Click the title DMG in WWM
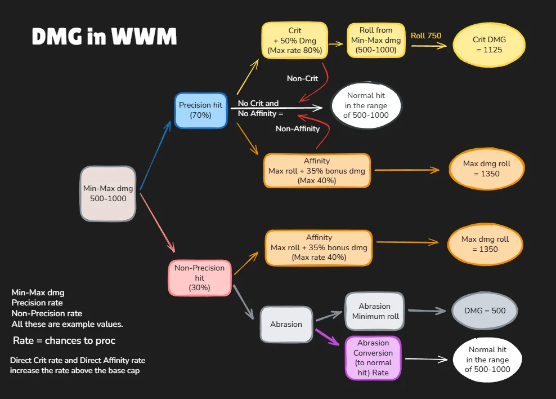point(104,37)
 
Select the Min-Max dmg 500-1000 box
point(108,193)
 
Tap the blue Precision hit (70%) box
point(200,110)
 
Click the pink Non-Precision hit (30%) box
point(200,278)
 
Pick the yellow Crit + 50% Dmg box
point(294,40)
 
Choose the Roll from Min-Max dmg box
point(376,40)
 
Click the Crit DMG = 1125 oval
point(488,45)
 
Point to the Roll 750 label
point(426,36)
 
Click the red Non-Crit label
point(302,79)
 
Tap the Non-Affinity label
point(298,128)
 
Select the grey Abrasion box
point(286,324)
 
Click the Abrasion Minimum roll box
point(375,311)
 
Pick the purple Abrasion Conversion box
point(373,358)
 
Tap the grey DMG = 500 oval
point(485,311)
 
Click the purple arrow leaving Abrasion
point(328,338)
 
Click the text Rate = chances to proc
point(64,341)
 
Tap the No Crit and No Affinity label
point(258,108)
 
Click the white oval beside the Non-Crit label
point(366,106)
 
